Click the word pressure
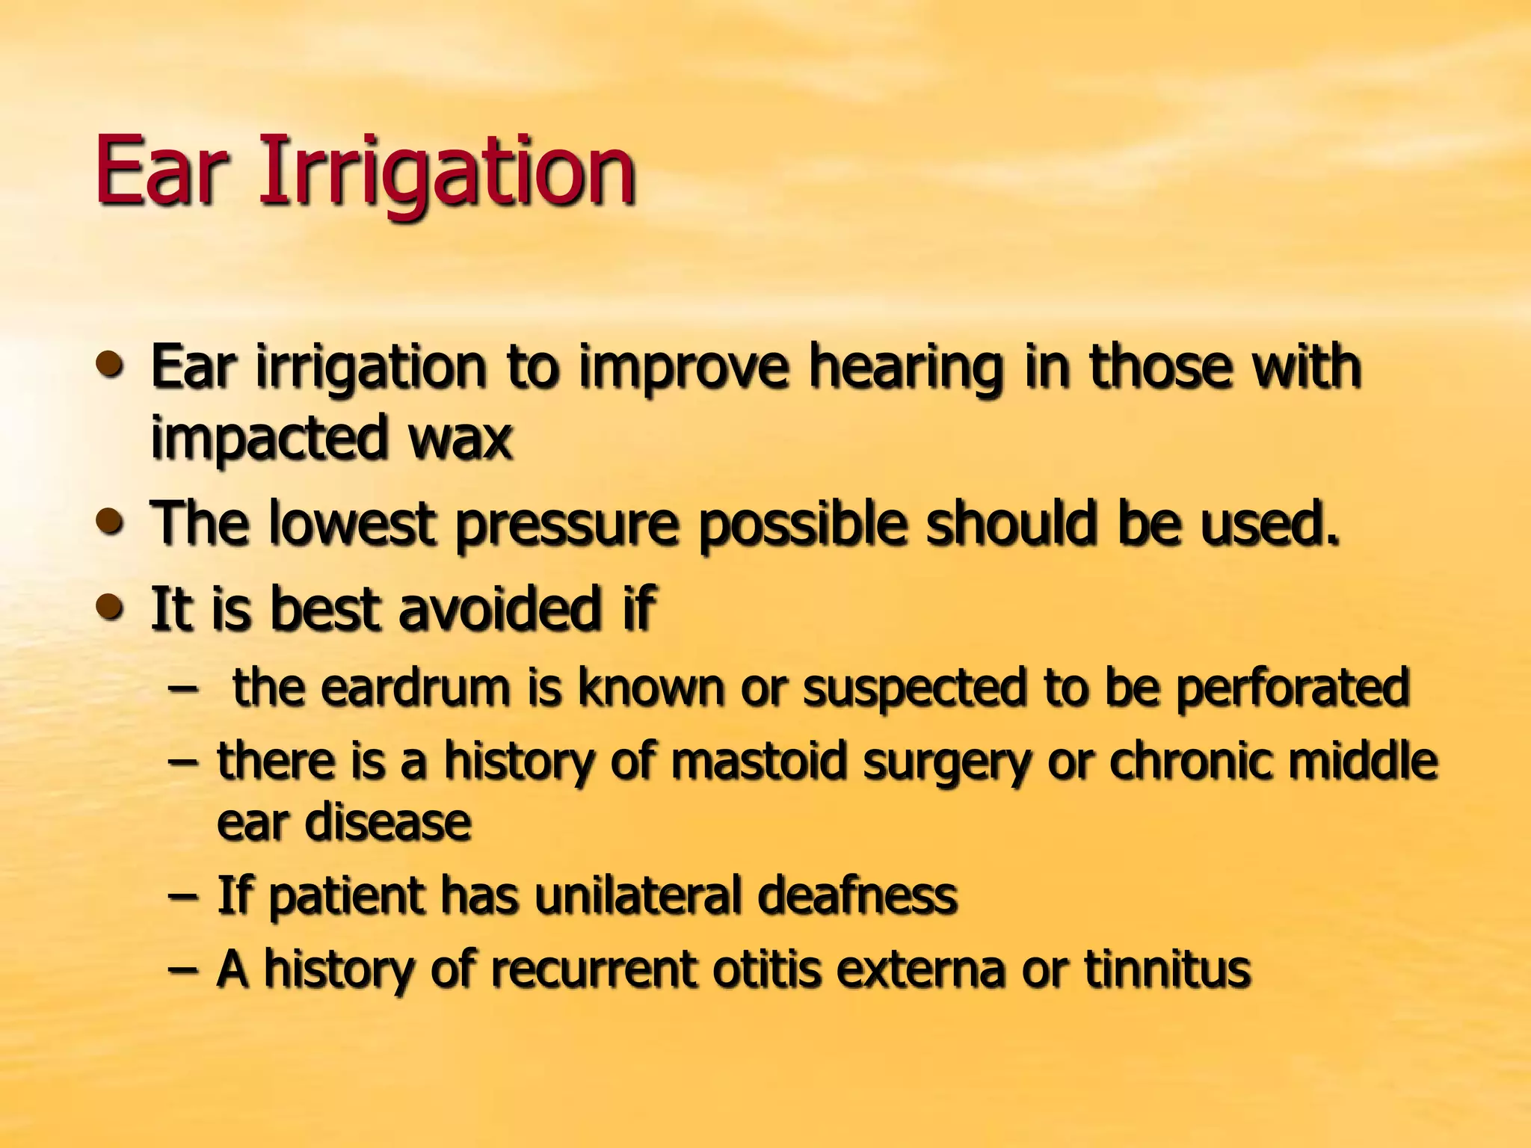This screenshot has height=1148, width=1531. click(568, 526)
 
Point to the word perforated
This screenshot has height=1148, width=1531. click(1293, 689)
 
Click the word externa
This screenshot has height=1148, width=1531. click(920, 969)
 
